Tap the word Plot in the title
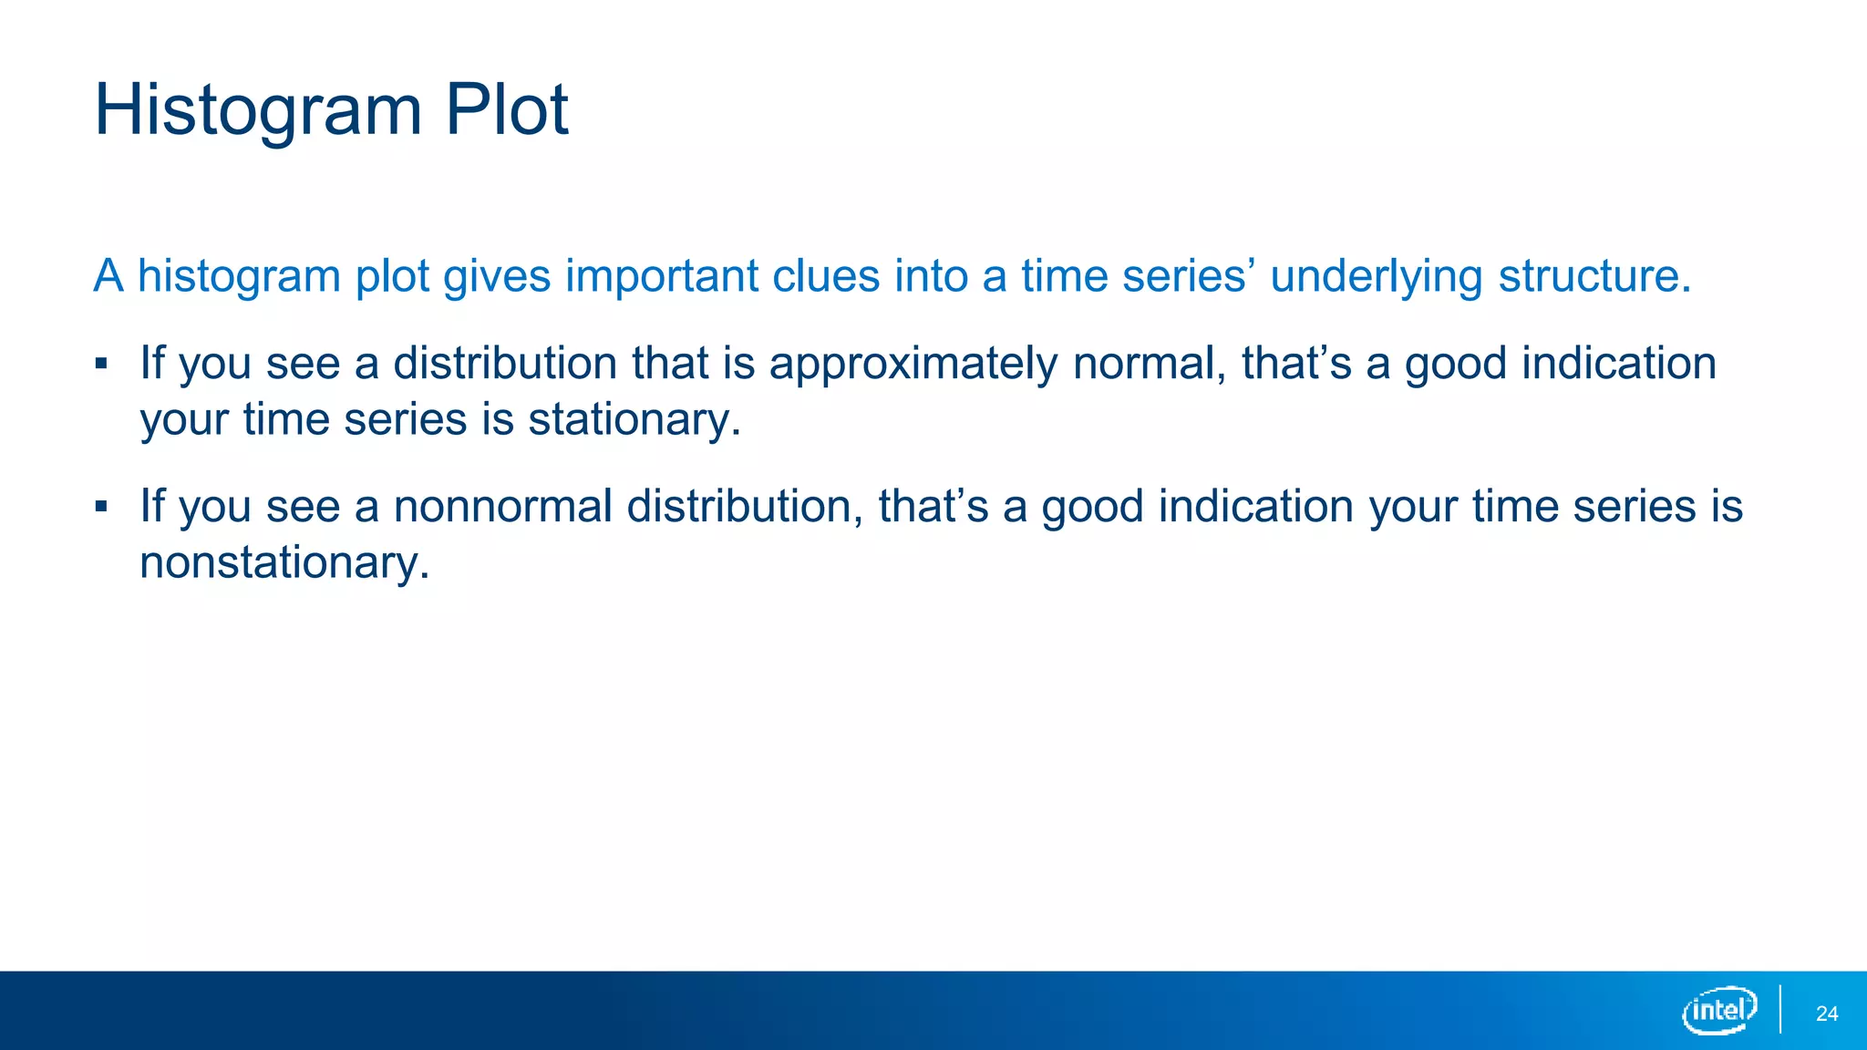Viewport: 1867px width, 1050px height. [506, 109]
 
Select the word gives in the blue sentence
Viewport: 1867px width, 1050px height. [497, 276]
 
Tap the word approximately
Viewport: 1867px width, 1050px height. [913, 365]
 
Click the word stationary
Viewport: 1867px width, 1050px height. [634, 420]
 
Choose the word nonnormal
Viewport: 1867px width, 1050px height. [502, 506]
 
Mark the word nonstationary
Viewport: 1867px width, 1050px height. [284, 562]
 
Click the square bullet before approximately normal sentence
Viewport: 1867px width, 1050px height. [101, 365]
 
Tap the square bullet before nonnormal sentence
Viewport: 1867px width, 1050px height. [101, 507]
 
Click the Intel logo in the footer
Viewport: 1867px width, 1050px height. [1718, 1011]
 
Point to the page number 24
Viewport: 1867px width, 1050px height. [1826, 1014]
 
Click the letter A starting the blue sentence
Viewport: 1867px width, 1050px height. [108, 276]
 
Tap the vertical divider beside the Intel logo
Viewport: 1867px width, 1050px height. [1779, 1010]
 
